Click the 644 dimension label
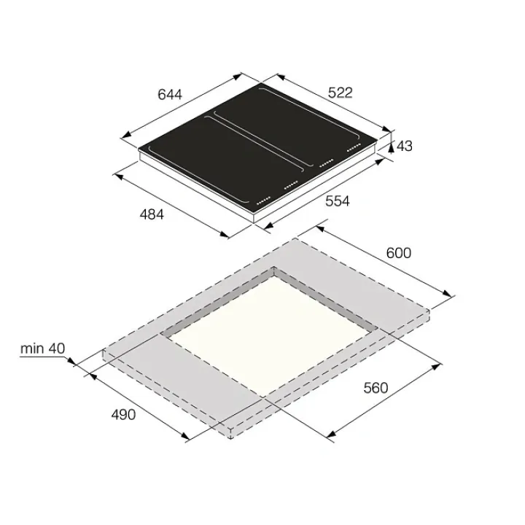coord(170,94)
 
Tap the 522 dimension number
coord(341,93)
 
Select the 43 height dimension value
coord(405,146)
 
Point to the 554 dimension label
coord(338,201)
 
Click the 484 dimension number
coord(152,214)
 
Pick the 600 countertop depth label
coord(398,253)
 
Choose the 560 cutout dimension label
coord(376,388)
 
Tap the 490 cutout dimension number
coord(123,415)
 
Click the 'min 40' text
coord(42,349)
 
